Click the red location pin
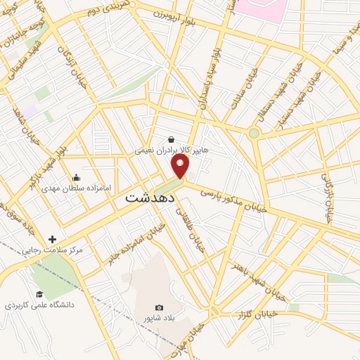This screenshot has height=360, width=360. [181, 167]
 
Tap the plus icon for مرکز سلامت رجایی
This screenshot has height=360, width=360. [52, 239]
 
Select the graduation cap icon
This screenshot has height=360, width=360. [39, 294]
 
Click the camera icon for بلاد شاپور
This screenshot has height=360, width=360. [159, 308]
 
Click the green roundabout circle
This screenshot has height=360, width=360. [254, 132]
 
